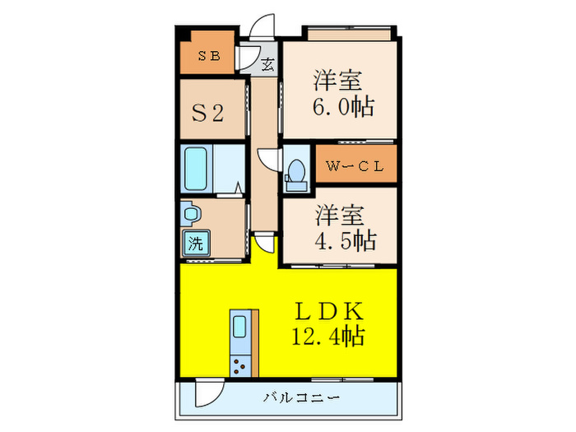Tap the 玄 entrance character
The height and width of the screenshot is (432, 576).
[267, 63]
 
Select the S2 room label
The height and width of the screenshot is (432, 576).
[208, 112]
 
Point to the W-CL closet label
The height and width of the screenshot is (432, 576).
[354, 165]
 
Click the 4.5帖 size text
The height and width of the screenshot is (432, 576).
[346, 240]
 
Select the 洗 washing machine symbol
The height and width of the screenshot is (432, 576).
[195, 243]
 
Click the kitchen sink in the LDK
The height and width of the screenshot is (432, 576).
[240, 327]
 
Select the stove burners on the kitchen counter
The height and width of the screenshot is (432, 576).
[240, 365]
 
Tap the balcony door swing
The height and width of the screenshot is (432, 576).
[207, 393]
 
